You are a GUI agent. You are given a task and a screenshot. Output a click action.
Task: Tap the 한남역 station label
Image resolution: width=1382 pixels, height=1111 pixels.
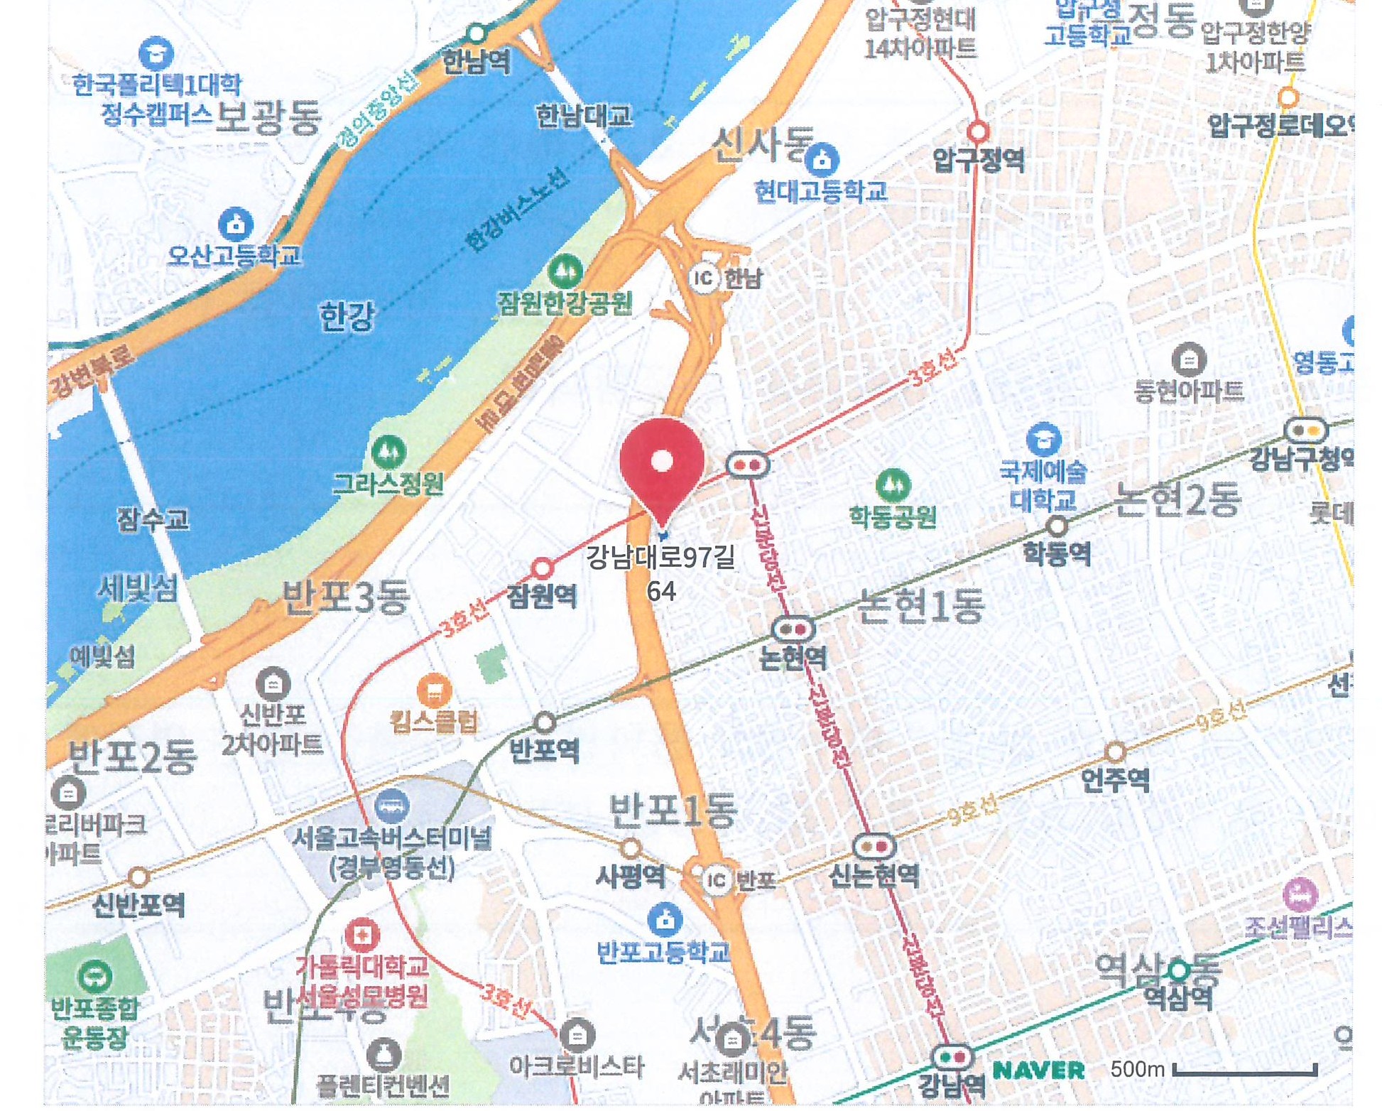(x=476, y=62)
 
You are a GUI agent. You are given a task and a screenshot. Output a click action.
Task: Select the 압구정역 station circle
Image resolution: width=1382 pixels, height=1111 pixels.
(x=978, y=131)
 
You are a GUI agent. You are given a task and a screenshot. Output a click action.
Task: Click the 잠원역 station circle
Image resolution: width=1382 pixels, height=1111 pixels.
(x=542, y=568)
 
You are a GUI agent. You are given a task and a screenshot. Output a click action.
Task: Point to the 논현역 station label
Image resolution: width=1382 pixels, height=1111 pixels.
(x=793, y=658)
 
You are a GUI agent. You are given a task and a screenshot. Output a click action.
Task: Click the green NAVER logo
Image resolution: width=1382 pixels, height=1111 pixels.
(x=1038, y=1070)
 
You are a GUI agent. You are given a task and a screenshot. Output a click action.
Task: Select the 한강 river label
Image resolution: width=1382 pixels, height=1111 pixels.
(x=347, y=315)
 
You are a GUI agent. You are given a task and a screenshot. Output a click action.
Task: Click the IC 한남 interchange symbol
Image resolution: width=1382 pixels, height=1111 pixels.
(x=703, y=277)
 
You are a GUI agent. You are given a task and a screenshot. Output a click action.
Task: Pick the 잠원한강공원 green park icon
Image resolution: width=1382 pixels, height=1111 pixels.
(x=565, y=271)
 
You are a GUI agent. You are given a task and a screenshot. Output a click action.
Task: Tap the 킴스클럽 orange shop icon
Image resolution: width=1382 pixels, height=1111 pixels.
(x=434, y=689)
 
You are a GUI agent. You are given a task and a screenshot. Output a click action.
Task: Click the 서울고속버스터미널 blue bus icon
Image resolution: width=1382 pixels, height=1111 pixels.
(x=391, y=806)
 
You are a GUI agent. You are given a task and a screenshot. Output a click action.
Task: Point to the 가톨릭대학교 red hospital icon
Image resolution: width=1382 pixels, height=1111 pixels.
(x=361, y=936)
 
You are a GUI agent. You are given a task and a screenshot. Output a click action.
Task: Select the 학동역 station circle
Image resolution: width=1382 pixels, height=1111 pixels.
(x=1057, y=526)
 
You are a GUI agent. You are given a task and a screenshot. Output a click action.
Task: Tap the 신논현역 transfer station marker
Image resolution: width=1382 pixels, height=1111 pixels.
(x=874, y=846)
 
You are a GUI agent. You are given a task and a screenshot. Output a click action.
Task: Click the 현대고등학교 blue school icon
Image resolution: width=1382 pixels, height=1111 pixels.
(x=822, y=159)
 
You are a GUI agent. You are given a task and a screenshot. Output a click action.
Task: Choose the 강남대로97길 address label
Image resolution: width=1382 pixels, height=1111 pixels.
(x=660, y=558)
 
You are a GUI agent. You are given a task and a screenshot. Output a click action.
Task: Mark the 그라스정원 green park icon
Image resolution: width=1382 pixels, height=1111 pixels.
(x=388, y=452)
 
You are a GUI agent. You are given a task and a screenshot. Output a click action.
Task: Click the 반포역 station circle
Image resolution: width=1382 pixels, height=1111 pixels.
(x=544, y=722)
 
